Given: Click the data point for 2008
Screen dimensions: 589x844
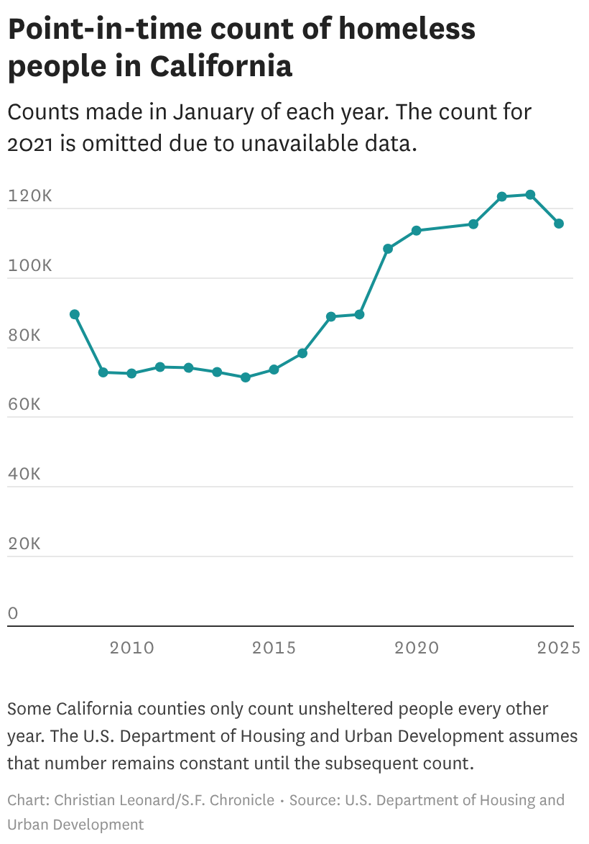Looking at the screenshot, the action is click(x=75, y=314).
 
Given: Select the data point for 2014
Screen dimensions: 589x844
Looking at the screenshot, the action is click(x=245, y=377).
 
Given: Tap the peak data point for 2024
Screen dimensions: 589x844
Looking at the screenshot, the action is click(x=530, y=194).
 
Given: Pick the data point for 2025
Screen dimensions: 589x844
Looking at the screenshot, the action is click(x=559, y=224).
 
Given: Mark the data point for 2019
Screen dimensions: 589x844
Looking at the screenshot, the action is click(x=388, y=249).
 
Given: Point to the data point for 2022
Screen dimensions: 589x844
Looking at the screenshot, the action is click(x=473, y=224).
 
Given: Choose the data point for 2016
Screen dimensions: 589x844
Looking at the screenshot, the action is click(x=302, y=353).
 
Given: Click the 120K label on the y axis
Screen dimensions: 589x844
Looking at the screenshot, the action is click(x=30, y=196).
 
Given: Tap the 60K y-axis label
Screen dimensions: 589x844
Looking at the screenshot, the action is click(x=24, y=404).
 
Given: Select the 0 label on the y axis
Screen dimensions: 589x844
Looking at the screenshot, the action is click(x=13, y=613).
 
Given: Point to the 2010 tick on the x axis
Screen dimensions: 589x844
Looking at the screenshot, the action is click(x=131, y=648).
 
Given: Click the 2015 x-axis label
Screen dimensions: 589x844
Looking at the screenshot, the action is click(x=274, y=648).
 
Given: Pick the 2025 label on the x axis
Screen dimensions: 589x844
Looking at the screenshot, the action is click(x=559, y=648).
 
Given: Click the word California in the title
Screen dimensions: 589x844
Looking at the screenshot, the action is click(x=221, y=66).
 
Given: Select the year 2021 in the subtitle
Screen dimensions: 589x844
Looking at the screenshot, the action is click(x=29, y=144).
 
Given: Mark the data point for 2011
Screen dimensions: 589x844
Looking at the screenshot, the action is click(x=159, y=367).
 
